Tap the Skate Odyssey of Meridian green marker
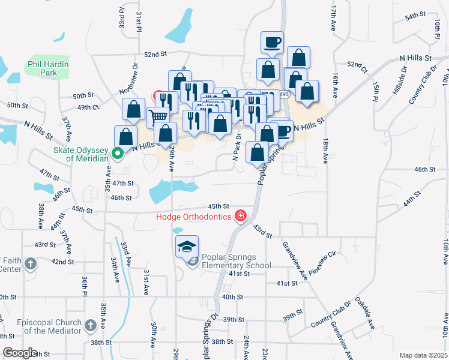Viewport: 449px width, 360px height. point(118,154)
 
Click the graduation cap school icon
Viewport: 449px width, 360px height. point(187,246)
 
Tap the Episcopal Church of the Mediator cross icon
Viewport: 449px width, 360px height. point(90,326)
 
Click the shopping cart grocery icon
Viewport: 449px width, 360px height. point(157,116)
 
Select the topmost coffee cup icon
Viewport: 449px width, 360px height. point(273,42)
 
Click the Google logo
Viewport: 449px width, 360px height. point(20,353)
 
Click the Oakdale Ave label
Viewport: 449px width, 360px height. point(365,312)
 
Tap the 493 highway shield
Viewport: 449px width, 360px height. point(285,95)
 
